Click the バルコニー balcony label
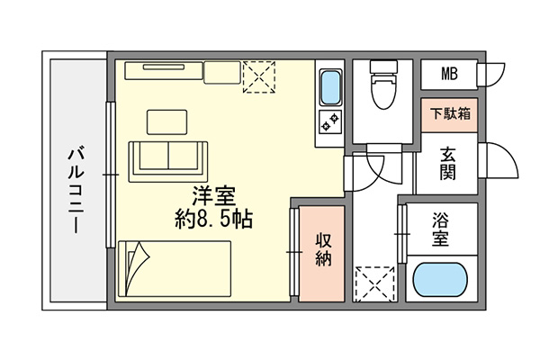click(76, 190)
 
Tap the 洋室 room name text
click(214, 195)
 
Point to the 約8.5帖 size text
click(214, 219)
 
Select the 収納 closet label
click(323, 249)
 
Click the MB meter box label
click(449, 74)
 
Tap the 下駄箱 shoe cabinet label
click(450, 113)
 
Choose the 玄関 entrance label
click(448, 163)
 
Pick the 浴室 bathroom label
click(440, 229)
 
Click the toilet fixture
click(382, 85)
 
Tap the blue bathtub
click(440, 279)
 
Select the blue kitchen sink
click(330, 87)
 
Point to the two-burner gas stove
click(330, 122)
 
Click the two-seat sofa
click(168, 162)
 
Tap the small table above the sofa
click(167, 122)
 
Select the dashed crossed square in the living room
click(259, 76)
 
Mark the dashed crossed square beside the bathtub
click(374, 283)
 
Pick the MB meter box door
click(491, 74)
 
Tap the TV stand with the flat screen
click(164, 70)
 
